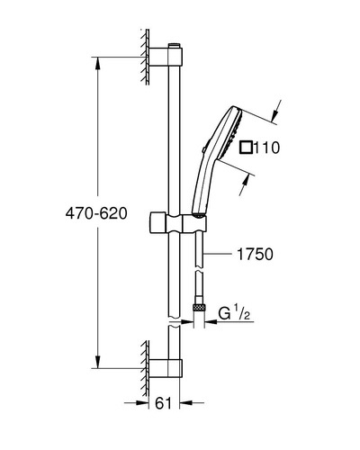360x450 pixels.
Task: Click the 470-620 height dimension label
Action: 96,213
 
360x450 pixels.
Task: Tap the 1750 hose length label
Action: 255,254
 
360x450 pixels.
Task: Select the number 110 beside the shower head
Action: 266,148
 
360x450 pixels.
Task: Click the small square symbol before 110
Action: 247,148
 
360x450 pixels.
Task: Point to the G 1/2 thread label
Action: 234,312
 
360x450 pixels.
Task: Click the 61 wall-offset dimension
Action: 164,403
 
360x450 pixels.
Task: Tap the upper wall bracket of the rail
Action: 166,57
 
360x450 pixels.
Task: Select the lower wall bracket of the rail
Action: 166,368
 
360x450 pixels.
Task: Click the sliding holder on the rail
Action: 177,223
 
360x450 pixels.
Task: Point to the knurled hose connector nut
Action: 200,307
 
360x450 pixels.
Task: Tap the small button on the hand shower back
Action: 203,149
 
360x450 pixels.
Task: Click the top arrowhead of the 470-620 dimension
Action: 97,63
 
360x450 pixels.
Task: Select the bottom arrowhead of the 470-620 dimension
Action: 97,362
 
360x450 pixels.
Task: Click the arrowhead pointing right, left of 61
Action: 143,403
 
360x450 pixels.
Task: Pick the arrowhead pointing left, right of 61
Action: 185,403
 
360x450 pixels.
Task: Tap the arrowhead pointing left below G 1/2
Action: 211,322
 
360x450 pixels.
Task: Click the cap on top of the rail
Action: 175,45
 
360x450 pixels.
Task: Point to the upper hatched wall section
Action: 145,57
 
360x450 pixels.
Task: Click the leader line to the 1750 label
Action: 218,254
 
